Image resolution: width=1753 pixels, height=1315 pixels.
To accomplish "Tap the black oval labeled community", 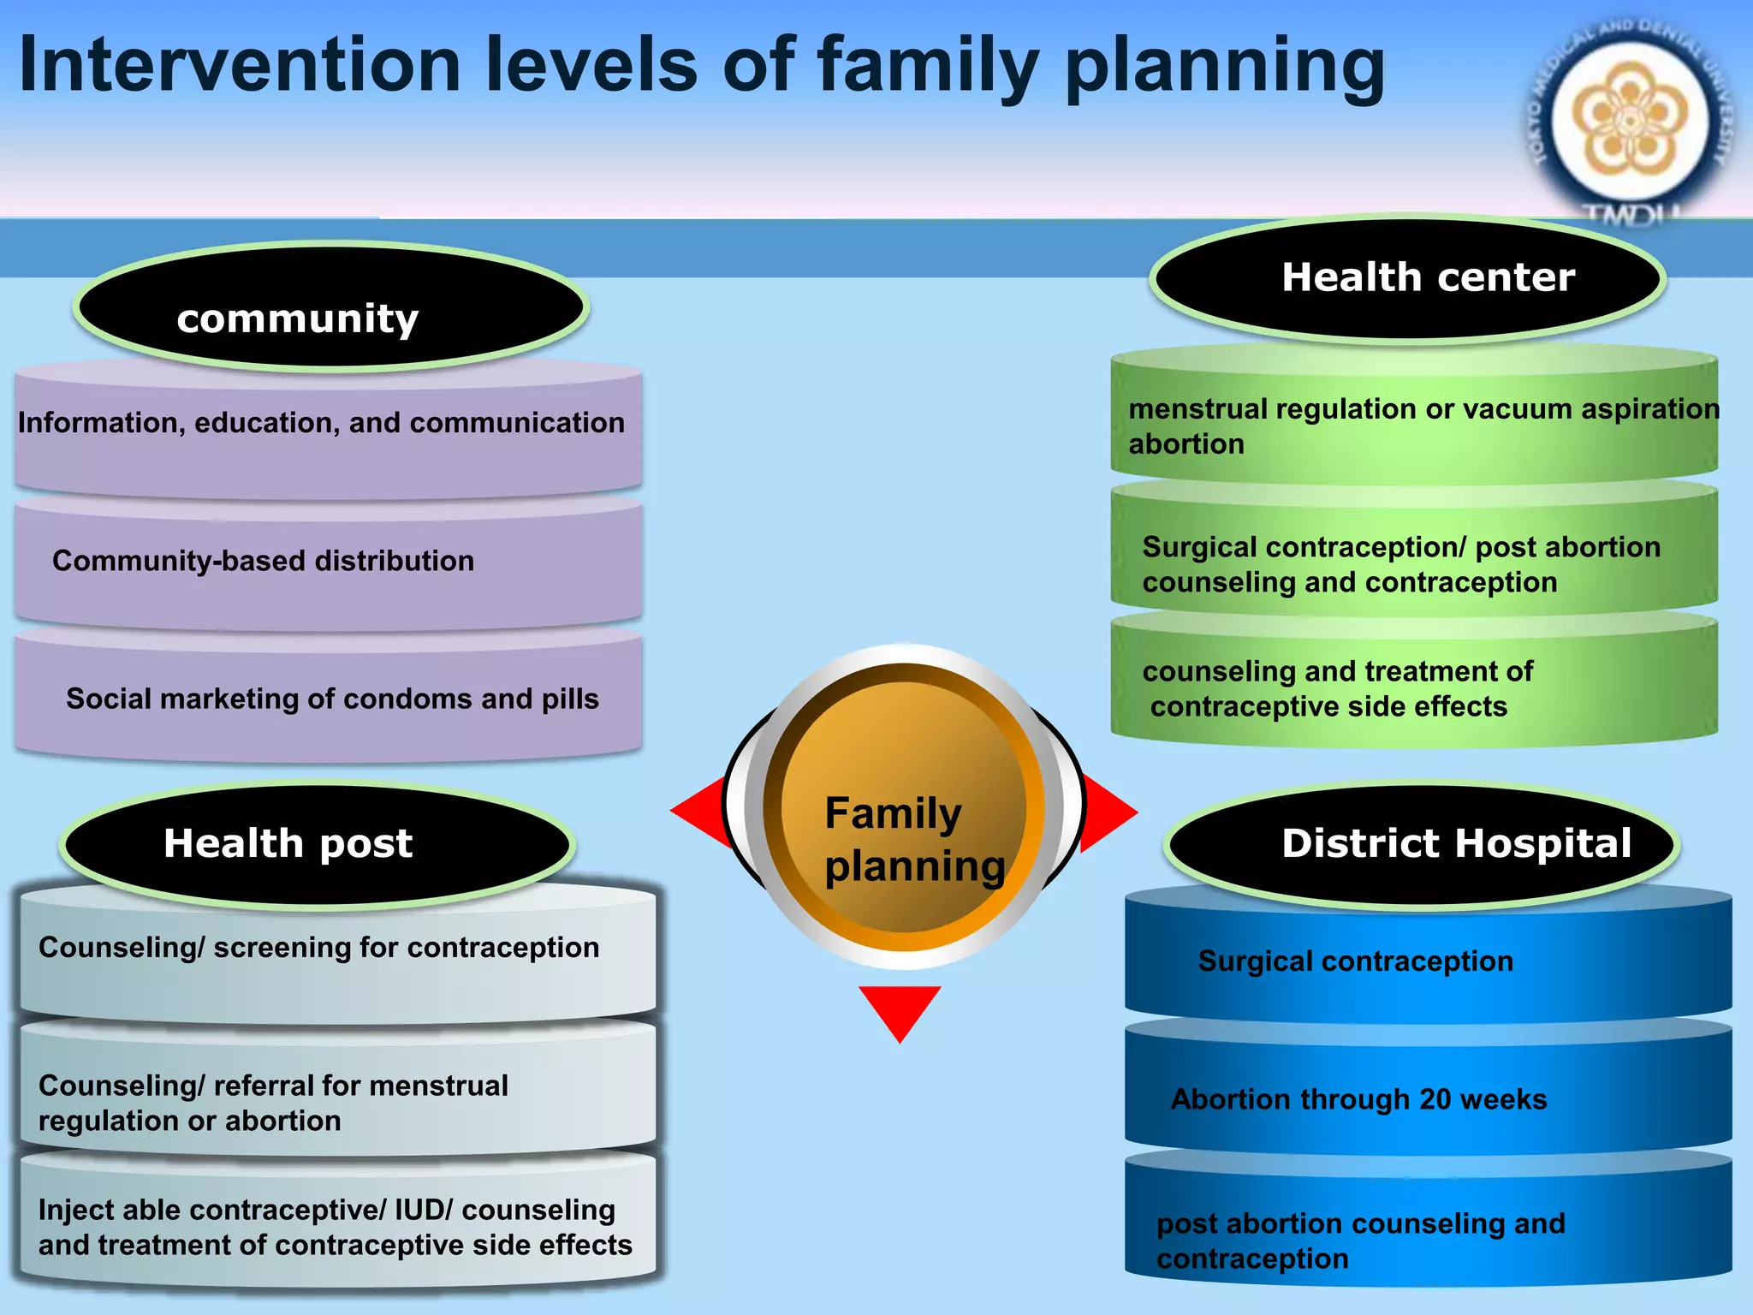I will [330, 307].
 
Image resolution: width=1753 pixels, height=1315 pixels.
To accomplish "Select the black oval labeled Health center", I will [1408, 278].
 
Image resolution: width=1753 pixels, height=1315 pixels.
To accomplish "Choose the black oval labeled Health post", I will [317, 843].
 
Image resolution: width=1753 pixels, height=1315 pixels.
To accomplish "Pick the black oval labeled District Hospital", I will [1422, 843].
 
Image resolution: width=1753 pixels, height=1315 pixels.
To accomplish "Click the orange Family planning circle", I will [904, 809].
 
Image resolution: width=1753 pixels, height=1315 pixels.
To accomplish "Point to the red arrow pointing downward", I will [900, 1010].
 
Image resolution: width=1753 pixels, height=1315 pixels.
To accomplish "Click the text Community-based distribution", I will [263, 561].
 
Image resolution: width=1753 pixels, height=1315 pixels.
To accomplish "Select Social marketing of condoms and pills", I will [332, 699].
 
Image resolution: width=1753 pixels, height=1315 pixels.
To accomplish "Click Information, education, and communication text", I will [321, 423].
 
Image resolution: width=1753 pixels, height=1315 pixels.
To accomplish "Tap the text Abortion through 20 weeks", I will [1358, 1099].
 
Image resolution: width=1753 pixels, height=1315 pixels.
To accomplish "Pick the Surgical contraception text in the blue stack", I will [1355, 961].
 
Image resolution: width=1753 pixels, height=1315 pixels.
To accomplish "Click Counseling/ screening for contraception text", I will [318, 948].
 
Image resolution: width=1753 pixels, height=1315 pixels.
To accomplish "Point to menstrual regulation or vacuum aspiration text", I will [1423, 409].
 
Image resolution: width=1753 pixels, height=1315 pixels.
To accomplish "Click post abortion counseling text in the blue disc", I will [1360, 1224].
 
